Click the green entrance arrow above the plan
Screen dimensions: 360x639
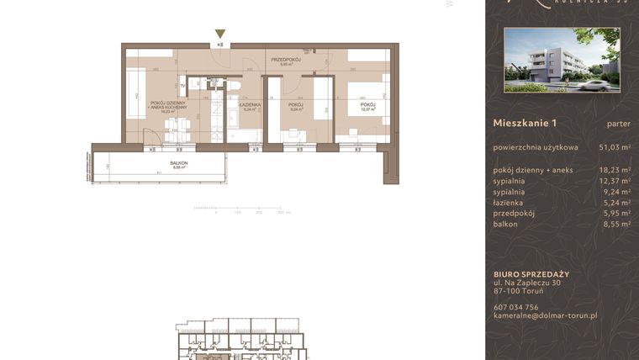click(x=220, y=34)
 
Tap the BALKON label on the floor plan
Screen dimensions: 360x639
click(x=178, y=164)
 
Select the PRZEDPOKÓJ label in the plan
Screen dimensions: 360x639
click(x=286, y=60)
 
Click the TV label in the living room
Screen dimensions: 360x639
click(x=182, y=86)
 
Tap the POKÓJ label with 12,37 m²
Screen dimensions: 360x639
click(x=367, y=105)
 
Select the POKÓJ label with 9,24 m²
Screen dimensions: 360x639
click(x=295, y=105)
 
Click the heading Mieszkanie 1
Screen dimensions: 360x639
click(x=525, y=124)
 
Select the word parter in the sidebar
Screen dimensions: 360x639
click(x=618, y=124)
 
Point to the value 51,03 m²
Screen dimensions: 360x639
click(x=614, y=147)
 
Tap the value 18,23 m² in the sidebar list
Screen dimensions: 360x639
click(x=614, y=170)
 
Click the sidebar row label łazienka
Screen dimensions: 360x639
click(x=509, y=203)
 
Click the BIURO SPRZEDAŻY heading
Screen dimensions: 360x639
click(x=531, y=274)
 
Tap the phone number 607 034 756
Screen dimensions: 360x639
click(x=516, y=307)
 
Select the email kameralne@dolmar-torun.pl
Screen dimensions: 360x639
click(x=545, y=315)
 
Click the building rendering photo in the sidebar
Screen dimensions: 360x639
click(x=562, y=60)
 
